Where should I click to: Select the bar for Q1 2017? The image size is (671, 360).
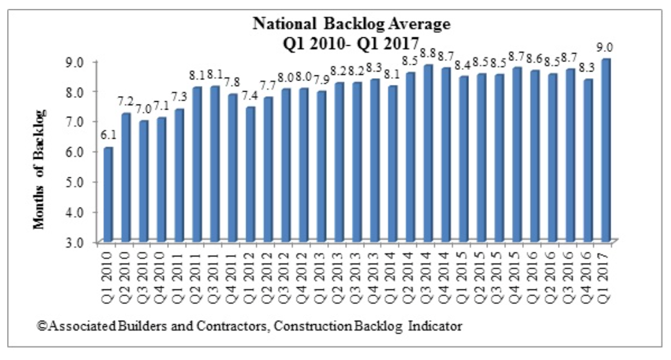tap(606, 151)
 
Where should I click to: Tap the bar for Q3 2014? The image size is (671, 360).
tap(428, 154)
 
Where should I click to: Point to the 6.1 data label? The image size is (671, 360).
tap(108, 135)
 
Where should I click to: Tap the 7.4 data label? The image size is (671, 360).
tap(251, 95)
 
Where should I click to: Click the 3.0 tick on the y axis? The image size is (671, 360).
tap(83, 243)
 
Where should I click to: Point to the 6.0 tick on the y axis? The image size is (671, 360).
tap(83, 152)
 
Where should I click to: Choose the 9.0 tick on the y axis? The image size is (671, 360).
tap(83, 61)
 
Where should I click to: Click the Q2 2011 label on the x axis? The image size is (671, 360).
tap(197, 276)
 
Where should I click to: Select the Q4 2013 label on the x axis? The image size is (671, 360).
tap(375, 276)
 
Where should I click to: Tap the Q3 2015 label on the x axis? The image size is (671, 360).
tap(499, 276)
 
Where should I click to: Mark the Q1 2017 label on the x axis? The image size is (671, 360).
tap(606, 276)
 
